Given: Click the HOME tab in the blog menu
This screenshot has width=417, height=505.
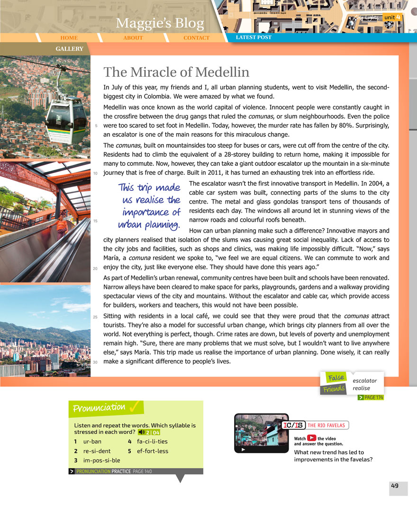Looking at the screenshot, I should tap(69, 38).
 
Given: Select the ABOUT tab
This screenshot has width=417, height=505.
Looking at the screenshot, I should tap(133, 38).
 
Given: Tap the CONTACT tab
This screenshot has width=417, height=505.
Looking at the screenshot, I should tap(196, 38).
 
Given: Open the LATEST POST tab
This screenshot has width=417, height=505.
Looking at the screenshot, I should tap(254, 37).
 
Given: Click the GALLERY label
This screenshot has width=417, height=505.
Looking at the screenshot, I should tap(69, 49).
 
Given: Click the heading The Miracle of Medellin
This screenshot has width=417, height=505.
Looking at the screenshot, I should tap(176, 72).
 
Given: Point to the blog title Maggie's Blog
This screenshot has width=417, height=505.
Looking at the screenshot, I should tap(160, 23).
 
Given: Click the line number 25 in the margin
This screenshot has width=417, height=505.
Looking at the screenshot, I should tap(96, 316).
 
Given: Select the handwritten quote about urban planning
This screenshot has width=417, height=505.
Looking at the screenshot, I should tap(149, 205).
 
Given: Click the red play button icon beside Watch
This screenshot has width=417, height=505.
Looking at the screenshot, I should tap(311, 438).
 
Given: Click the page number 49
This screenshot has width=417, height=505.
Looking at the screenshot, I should tap(394, 486).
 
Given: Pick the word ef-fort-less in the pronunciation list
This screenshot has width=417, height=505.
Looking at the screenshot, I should tap(152, 451).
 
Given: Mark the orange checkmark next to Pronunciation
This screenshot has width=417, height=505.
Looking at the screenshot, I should tap(136, 406).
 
